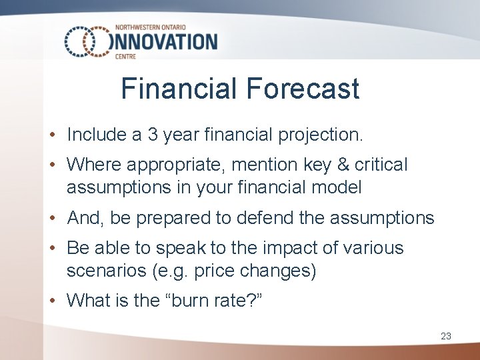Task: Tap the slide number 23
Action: coord(446,337)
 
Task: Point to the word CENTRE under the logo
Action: coord(126,57)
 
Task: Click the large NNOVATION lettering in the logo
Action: coord(167,42)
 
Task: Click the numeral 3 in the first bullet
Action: coord(153,135)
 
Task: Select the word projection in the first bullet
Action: coord(325,135)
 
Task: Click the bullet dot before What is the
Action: coord(53,301)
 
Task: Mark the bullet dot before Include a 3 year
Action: coord(53,135)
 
